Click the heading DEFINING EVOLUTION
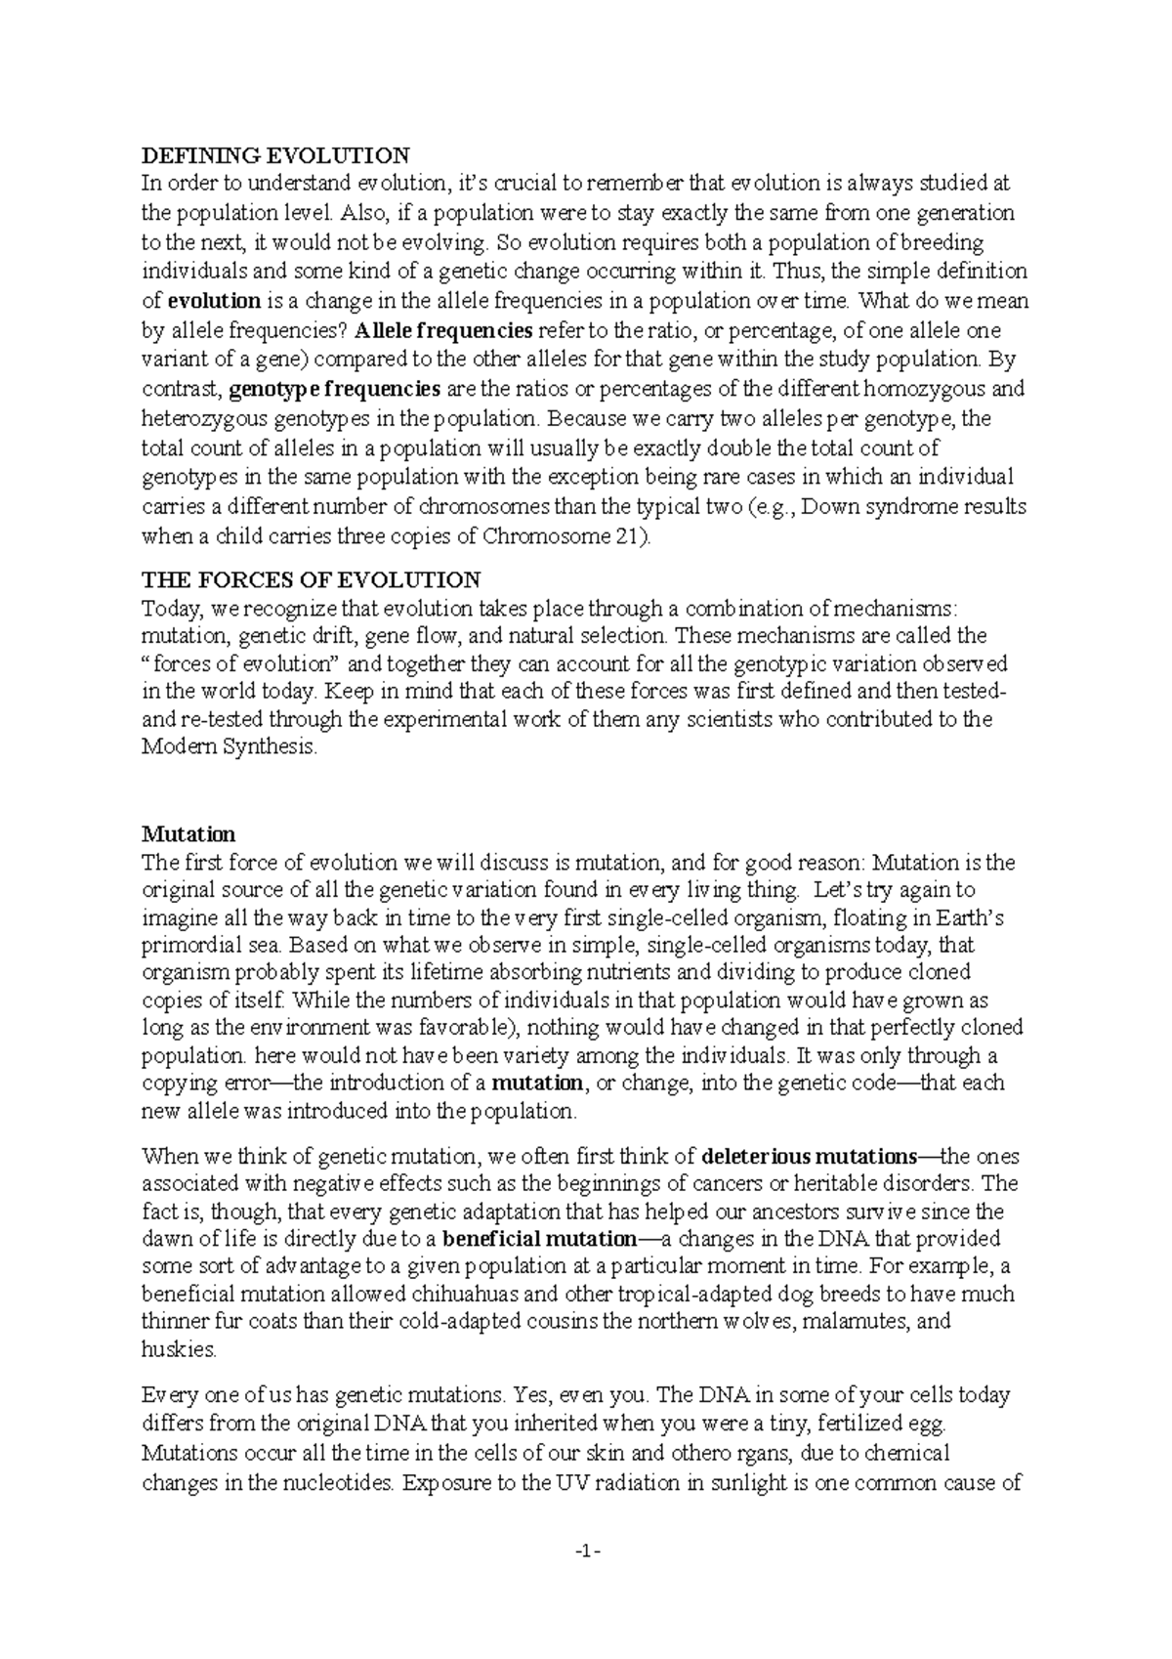pyautogui.click(x=275, y=155)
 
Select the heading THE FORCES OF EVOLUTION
pyautogui.click(x=311, y=580)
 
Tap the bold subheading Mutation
pyautogui.click(x=188, y=834)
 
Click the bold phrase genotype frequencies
pyautogui.click(x=335, y=389)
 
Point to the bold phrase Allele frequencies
pyautogui.click(x=444, y=329)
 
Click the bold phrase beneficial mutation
pyautogui.click(x=539, y=1239)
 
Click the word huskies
pyautogui.click(x=177, y=1349)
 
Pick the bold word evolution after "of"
pyautogui.click(x=214, y=301)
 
